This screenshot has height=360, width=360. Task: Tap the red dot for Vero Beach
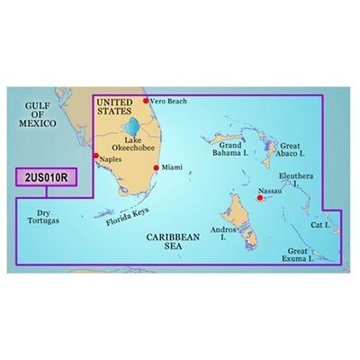(147, 101)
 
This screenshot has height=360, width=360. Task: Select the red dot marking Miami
(157, 167)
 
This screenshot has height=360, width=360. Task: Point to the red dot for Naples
(95, 156)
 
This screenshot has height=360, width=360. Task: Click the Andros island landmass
(236, 214)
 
